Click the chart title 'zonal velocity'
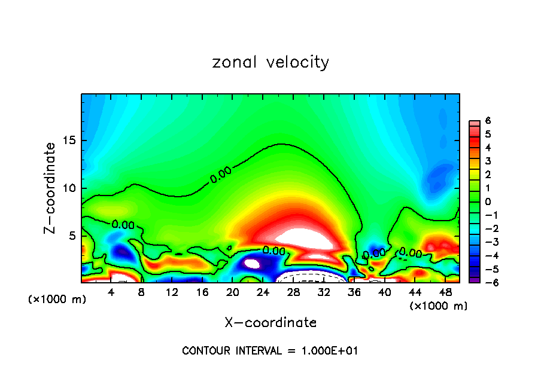(x=270, y=62)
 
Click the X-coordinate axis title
(x=270, y=323)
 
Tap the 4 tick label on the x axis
(x=111, y=292)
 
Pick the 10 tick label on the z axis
(x=69, y=188)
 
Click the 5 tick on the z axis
(x=72, y=236)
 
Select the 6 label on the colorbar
(x=488, y=120)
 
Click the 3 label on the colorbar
(x=488, y=161)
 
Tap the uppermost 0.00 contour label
(x=221, y=175)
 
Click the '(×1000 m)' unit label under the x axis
(x=439, y=306)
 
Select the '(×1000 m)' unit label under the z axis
(x=57, y=299)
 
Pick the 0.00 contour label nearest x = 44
(x=411, y=252)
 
